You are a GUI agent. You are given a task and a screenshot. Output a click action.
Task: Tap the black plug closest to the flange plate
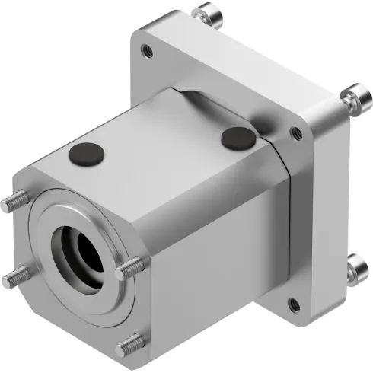coord(238,139)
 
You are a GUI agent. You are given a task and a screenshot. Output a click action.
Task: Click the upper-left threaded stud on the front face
coord(16,202)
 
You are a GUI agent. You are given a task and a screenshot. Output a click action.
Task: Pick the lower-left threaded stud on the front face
coord(13,279)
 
